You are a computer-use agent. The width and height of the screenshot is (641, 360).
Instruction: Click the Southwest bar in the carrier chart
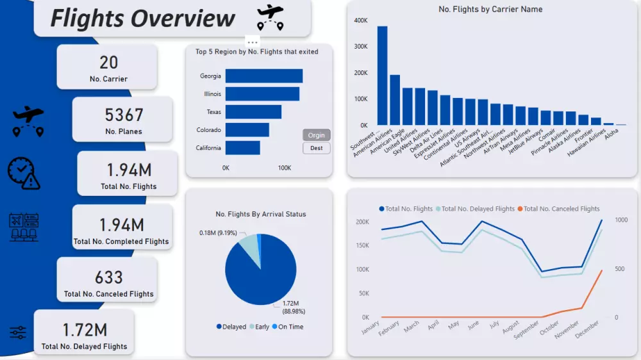[382, 76]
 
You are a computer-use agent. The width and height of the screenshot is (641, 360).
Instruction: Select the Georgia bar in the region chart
[263, 76]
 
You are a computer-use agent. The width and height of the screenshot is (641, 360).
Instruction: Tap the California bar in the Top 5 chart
[242, 148]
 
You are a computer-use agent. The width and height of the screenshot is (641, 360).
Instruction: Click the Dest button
[316, 148]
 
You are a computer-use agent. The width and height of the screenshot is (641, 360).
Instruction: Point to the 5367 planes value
[124, 115]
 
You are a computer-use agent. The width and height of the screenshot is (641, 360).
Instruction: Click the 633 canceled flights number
[109, 277]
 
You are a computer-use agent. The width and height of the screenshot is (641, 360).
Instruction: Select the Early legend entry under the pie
[258, 327]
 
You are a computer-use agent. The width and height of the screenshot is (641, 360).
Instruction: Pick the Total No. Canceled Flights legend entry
[557, 209]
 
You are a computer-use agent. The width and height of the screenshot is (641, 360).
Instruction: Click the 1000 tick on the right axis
[620, 220]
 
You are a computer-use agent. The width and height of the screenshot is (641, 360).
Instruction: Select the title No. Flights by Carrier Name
[490, 10]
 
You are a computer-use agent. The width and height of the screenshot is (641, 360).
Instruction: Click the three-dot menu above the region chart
[253, 42]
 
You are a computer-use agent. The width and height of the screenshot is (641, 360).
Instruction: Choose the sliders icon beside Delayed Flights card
[18, 332]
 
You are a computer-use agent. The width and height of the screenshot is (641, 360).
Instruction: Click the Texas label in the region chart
[213, 112]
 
